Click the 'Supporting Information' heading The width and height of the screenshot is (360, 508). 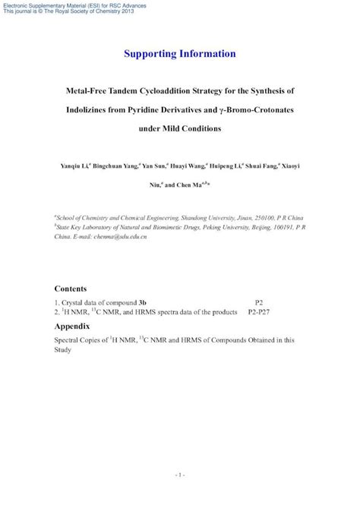pyautogui.click(x=179, y=54)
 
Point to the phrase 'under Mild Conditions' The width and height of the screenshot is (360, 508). pyautogui.click(x=179, y=128)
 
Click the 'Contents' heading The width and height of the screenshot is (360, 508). pyautogui.click(x=71, y=289)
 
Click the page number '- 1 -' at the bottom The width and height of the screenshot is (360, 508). pyautogui.click(x=179, y=476)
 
